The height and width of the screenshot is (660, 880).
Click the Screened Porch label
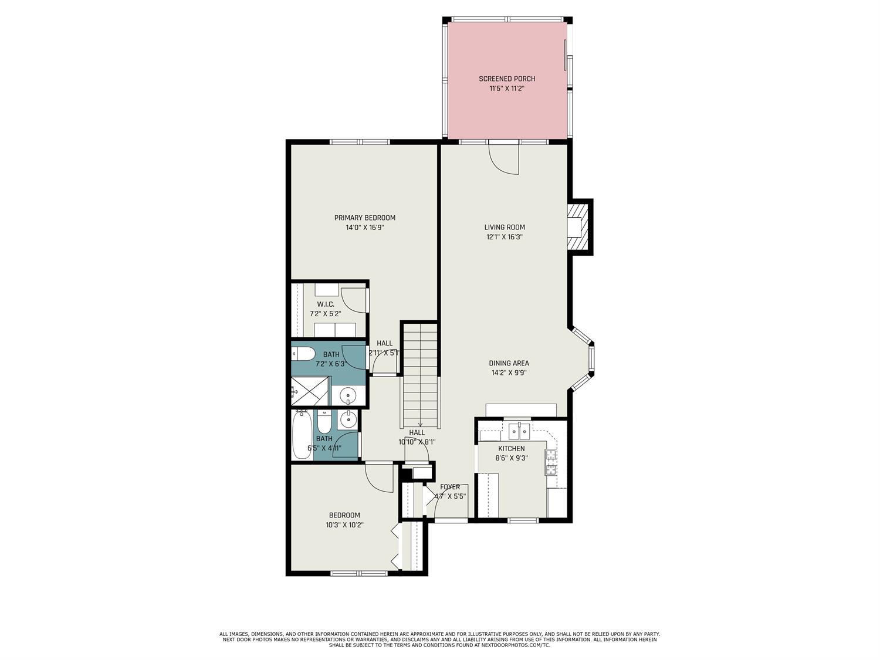(x=507, y=79)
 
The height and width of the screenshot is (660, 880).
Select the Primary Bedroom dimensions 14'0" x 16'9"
(x=365, y=228)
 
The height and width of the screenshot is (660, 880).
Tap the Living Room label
(x=505, y=227)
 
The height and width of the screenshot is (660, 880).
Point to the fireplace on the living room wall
(x=577, y=227)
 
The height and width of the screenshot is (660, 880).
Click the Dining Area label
(x=509, y=363)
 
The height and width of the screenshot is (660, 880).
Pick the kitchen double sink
(x=519, y=432)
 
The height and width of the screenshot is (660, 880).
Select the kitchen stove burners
(x=551, y=462)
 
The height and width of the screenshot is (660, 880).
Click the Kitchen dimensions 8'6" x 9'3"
(x=512, y=458)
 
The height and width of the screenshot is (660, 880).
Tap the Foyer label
(x=450, y=487)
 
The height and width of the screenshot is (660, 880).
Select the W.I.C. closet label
(x=326, y=304)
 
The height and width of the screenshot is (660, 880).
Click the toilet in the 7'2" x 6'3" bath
(x=303, y=354)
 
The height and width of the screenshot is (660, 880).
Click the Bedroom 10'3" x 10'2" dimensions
(x=344, y=525)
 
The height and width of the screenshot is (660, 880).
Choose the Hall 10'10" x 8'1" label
(x=417, y=432)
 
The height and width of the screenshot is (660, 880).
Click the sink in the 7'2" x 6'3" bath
(x=348, y=396)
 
